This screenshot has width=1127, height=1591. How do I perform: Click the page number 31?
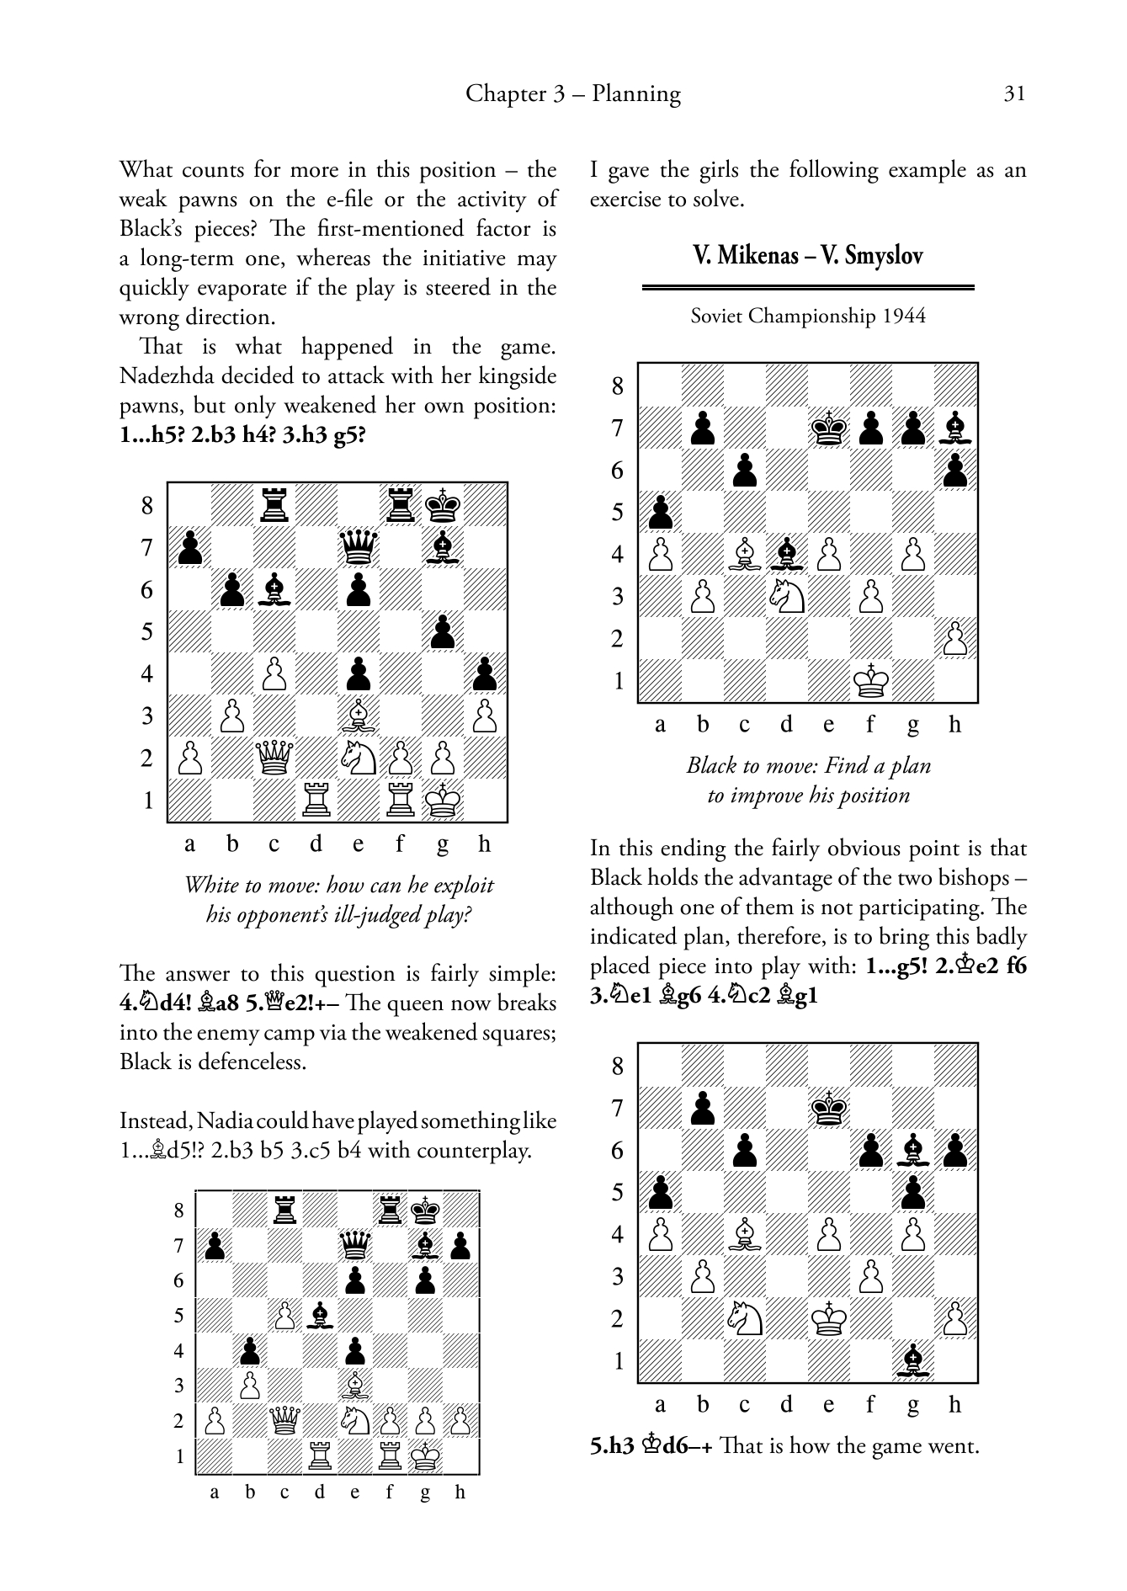(1015, 93)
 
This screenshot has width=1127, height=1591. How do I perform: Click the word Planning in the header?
(636, 93)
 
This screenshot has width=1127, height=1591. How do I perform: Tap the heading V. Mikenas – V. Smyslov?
(808, 255)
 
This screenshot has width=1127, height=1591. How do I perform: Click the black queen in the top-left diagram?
(359, 548)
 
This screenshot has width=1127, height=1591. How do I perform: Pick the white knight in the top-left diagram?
(359, 758)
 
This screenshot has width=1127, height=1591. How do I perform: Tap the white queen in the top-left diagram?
(274, 758)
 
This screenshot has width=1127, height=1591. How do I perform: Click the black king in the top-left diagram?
(443, 506)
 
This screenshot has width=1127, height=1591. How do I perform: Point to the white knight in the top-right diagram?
(787, 597)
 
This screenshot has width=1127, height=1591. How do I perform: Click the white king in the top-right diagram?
(871, 681)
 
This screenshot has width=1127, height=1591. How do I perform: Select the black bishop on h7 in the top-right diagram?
(955, 428)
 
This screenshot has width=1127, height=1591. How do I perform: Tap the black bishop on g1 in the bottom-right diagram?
(913, 1361)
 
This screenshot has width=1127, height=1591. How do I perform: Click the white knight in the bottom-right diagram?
(745, 1319)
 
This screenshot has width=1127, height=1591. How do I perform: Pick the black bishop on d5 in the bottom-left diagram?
(320, 1316)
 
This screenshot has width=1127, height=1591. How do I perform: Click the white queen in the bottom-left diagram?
(284, 1422)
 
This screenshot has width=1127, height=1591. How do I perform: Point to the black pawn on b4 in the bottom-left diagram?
(249, 1351)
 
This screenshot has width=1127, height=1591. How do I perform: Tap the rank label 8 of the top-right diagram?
(618, 386)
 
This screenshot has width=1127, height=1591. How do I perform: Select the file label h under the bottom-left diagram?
(460, 1493)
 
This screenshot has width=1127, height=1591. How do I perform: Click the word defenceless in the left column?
(253, 1062)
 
